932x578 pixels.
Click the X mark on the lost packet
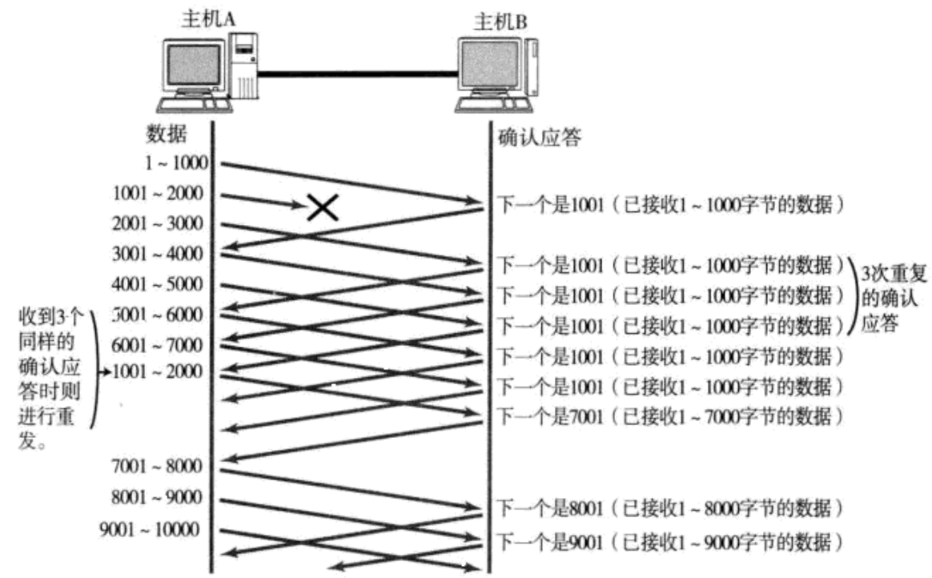(323, 208)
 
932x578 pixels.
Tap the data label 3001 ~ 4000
(159, 255)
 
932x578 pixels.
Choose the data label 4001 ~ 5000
(159, 284)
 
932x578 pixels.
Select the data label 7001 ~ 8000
(159, 466)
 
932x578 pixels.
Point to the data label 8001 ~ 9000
(159, 497)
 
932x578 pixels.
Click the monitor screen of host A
(193, 68)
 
